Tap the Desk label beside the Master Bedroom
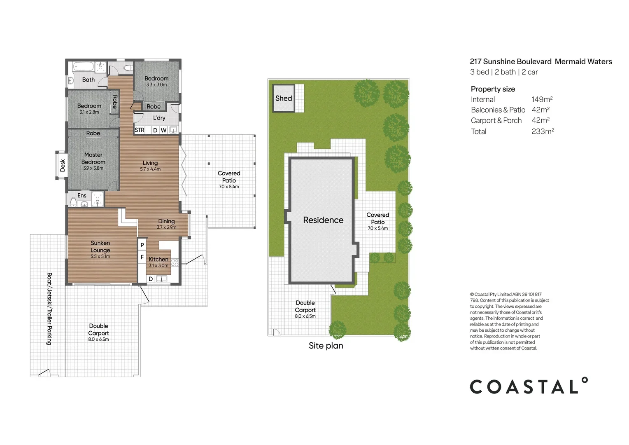(62, 165)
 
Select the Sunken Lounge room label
(100, 247)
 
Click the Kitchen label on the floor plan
(158, 260)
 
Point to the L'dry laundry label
(159, 118)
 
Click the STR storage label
(140, 130)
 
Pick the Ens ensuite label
(82, 196)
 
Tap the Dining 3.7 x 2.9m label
(166, 224)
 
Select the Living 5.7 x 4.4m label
(150, 166)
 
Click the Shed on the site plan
(284, 98)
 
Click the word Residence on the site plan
(323, 220)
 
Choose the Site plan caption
(326, 346)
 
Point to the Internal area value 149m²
(542, 99)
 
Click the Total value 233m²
(543, 131)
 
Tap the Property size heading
(493, 89)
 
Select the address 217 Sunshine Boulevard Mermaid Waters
(541, 61)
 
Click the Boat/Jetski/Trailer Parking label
(49, 309)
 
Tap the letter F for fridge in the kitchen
(142, 257)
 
